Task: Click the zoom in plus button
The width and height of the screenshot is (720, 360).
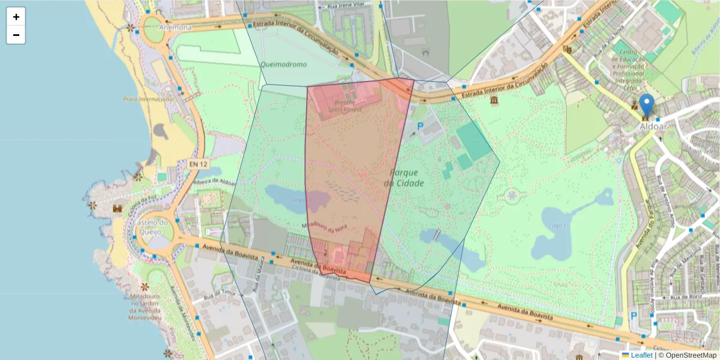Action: [x=16, y=17]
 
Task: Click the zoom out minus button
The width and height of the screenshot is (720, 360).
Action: [x=16, y=35]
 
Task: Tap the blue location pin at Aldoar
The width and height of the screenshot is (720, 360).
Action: [x=646, y=104]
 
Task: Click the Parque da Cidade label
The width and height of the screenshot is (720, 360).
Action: [x=404, y=178]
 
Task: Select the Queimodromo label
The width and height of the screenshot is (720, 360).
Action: [x=283, y=64]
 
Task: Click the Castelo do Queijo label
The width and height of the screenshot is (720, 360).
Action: [x=153, y=226]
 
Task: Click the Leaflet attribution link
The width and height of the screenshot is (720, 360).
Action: [x=641, y=355]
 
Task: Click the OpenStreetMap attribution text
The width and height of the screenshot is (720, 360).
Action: [x=687, y=355]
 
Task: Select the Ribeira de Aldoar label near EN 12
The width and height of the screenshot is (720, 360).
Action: [x=215, y=182]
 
